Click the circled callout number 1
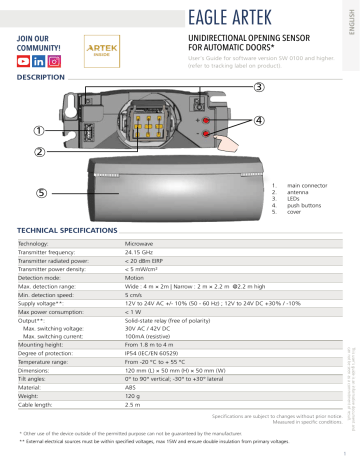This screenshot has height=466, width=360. click(x=38, y=129)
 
